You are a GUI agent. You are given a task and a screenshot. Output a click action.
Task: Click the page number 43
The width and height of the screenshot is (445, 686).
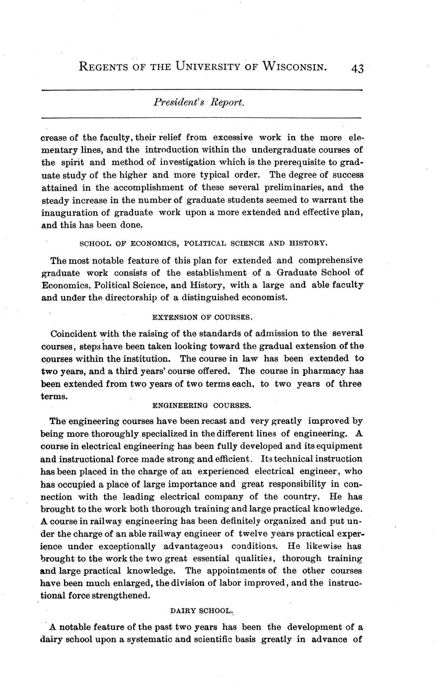pos(357,69)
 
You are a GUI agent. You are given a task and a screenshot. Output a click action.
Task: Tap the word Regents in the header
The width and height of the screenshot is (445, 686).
pos(107,67)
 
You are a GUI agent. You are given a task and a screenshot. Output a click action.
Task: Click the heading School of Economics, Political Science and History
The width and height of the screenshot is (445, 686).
pos(203,244)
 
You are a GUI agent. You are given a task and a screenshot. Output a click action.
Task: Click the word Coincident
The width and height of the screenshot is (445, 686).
pos(74,333)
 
